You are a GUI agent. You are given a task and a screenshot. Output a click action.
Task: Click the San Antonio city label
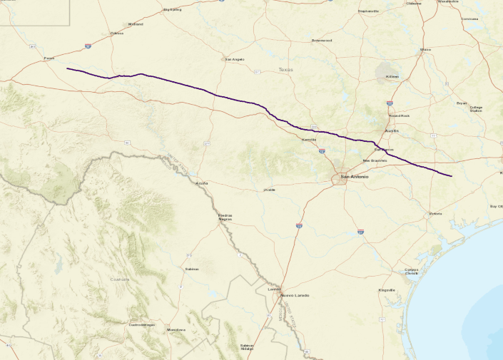[354, 176]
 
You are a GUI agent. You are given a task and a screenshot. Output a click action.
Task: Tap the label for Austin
[392, 131]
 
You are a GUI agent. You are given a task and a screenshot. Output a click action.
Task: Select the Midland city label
[136, 24]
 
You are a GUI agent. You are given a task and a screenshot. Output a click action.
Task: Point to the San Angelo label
[235, 58]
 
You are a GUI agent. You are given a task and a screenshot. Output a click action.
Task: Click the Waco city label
[426, 49]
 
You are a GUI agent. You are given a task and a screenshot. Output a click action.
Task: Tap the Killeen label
[392, 76]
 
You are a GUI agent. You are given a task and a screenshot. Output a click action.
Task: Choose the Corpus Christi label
[411, 272]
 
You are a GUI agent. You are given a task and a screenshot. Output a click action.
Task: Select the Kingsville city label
[387, 290]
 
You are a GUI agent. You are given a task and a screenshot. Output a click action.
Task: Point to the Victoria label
[435, 214]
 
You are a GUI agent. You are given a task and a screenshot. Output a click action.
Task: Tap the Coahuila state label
[119, 279]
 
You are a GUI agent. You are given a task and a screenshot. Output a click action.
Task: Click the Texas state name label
[285, 69]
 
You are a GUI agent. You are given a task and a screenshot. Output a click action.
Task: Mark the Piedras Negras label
[225, 217]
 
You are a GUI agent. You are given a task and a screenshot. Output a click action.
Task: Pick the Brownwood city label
[322, 40]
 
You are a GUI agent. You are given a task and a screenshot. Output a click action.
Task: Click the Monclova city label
[176, 330]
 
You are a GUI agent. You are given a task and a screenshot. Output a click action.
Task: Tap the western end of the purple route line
[67, 68]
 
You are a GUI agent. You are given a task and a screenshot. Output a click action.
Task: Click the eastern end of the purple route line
[452, 175]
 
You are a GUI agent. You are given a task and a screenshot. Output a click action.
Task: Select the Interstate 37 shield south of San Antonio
[360, 232]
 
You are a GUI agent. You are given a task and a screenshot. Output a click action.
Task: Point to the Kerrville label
[308, 139]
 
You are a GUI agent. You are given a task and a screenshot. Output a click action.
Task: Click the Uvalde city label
[270, 190]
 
